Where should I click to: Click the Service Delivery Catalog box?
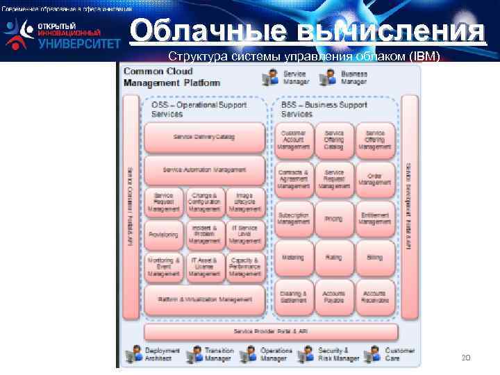point(205,137)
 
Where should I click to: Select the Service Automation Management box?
point(205,169)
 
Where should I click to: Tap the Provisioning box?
point(164,235)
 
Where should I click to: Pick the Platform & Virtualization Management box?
point(205,299)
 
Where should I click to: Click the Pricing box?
point(333,218)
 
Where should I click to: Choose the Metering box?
point(293,257)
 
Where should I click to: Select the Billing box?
point(375,257)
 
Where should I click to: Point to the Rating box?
point(333,257)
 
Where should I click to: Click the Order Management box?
point(375,179)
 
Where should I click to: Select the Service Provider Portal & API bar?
point(271,331)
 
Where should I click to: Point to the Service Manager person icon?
point(270,78)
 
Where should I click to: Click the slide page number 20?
point(465,358)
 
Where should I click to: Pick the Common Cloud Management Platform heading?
point(172,77)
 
